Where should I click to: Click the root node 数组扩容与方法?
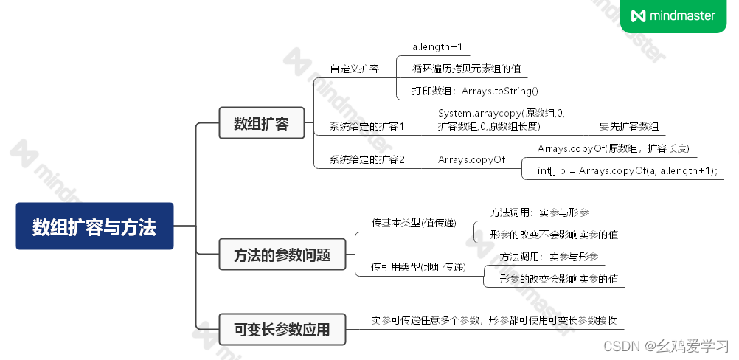coord(94,226)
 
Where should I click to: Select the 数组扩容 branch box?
coord(261,123)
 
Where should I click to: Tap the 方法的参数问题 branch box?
coord(282,255)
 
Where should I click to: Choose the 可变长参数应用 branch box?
coord(282,329)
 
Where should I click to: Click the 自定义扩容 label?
coord(354,69)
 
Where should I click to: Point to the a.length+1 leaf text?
coord(437,47)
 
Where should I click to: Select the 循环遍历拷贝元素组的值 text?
coord(466,69)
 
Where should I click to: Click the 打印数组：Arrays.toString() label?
coord(475,91)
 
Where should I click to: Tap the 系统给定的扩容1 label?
coord(367,127)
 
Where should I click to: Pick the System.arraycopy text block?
coord(502,120)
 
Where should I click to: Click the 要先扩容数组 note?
coord(629,126)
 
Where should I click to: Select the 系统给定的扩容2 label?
coord(367,159)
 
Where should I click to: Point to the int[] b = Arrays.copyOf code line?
coord(627,171)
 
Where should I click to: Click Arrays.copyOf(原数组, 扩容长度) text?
coord(613,149)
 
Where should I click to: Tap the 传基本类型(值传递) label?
coord(414,223)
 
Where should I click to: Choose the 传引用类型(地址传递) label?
coord(418,268)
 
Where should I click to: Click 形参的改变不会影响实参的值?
coord(554,235)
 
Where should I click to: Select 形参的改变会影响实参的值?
coord(558,279)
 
